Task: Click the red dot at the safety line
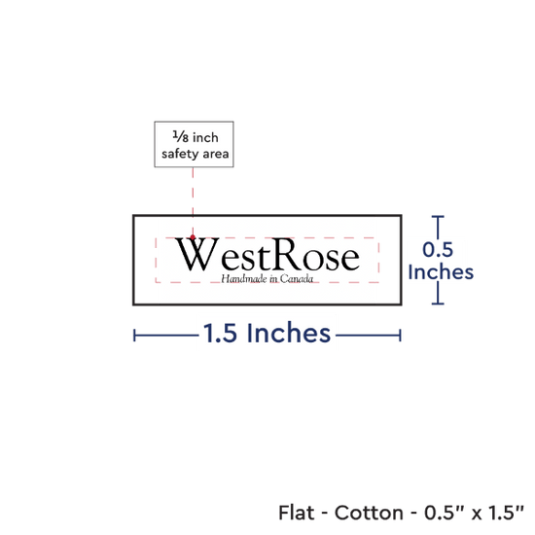193,237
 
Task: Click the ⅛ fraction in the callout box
181,136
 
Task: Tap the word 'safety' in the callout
181,155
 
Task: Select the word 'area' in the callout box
216,155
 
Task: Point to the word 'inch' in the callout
205,137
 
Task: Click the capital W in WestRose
196,254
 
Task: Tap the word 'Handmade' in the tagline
244,279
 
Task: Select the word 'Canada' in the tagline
297,279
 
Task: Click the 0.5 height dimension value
438,249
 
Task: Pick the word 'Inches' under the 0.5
441,272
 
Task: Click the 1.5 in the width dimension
220,333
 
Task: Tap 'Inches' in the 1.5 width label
289,333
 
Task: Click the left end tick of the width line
134,336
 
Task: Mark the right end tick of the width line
400,336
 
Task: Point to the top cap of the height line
438,216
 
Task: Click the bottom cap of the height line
438,303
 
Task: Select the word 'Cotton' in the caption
369,513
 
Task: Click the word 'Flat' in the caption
296,513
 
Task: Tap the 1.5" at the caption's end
506,512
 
